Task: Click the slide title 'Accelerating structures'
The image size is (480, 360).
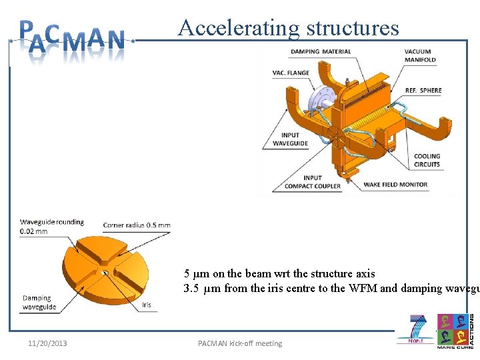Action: point(288,28)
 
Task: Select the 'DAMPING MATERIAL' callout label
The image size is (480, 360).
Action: point(321,51)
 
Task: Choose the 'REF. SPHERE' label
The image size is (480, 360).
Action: point(423,91)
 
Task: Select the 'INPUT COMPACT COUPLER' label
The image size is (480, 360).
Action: point(313,182)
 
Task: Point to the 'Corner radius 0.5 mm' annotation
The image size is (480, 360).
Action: point(136,225)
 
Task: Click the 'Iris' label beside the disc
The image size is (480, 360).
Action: point(147,305)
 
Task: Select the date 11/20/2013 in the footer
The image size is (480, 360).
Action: point(47,343)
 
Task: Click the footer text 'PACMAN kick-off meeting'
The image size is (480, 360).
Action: point(240,343)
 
